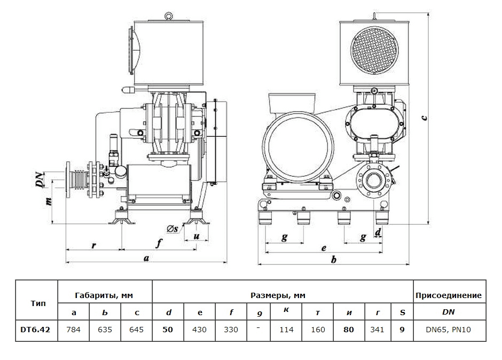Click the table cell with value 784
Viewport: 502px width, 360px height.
[x=73, y=330]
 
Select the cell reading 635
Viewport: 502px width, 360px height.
[x=105, y=330]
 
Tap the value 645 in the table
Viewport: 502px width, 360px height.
[x=137, y=330]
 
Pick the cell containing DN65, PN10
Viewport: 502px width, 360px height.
[x=449, y=330]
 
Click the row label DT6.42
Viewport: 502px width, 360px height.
[x=36, y=330]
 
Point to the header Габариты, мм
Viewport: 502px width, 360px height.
[x=105, y=295]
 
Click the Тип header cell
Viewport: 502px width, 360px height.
[x=36, y=303]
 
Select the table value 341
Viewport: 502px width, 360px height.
[x=377, y=330]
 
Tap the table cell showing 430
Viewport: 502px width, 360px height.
[x=199, y=330]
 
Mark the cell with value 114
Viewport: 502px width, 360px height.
[x=286, y=330]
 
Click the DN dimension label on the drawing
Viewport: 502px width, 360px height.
[x=40, y=180]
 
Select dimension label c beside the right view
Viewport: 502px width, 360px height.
[x=423, y=118]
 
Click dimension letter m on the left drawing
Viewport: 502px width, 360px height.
[x=48, y=202]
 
